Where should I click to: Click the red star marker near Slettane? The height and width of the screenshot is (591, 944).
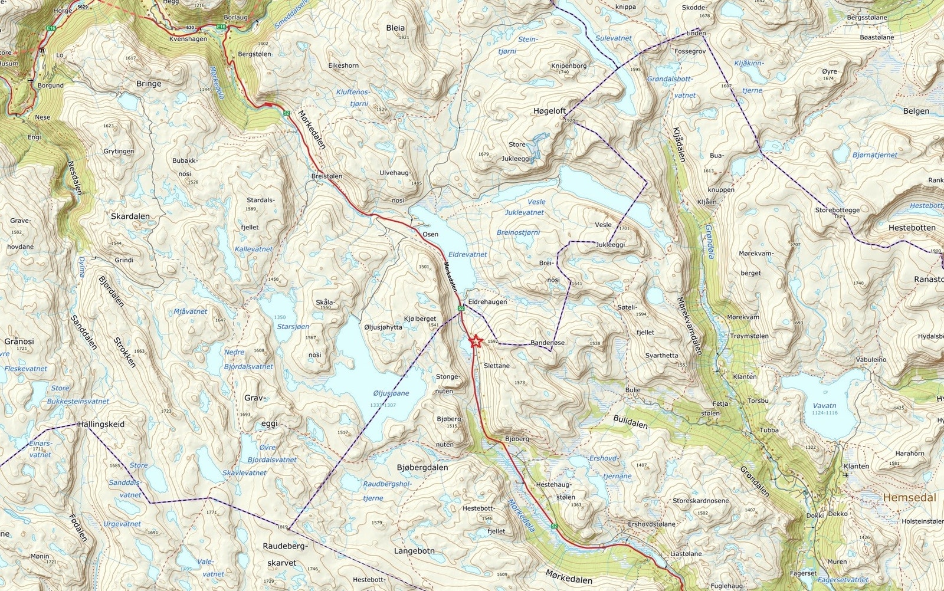(x=475, y=341)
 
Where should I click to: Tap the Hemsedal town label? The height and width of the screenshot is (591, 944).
(x=909, y=497)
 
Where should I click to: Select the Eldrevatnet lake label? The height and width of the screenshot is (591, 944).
(x=467, y=254)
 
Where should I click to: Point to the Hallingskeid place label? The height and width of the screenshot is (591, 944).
(x=101, y=424)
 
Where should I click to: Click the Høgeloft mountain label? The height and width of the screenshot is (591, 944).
(x=549, y=111)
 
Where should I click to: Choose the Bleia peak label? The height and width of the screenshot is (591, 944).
(x=395, y=28)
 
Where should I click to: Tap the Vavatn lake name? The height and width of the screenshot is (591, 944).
(x=824, y=406)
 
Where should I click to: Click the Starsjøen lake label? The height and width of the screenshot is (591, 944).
(x=293, y=326)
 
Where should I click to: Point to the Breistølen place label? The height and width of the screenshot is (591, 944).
(x=326, y=176)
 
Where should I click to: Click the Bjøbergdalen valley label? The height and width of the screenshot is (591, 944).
(x=422, y=467)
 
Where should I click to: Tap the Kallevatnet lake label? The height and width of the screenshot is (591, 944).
(x=254, y=249)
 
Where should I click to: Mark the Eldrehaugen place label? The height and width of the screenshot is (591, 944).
(x=487, y=301)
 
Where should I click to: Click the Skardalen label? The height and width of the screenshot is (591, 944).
(x=130, y=216)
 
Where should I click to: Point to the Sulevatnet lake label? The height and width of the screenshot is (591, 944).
(x=613, y=38)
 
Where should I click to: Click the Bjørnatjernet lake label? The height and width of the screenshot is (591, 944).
(x=874, y=155)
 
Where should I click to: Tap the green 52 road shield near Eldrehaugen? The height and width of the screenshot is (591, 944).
(x=460, y=308)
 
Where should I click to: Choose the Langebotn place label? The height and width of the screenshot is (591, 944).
(x=414, y=551)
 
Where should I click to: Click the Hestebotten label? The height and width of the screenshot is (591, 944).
(x=912, y=228)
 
